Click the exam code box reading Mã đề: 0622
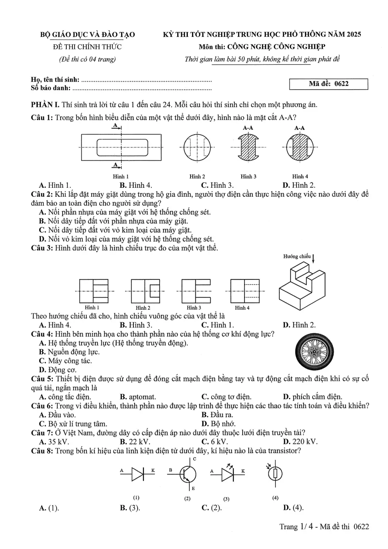(x=328, y=84)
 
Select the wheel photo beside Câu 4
(x=314, y=352)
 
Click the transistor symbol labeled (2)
(x=188, y=474)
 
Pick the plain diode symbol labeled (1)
(x=137, y=474)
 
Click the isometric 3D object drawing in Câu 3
(x=302, y=286)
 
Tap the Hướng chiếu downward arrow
(x=313, y=259)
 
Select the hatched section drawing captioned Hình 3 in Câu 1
(x=248, y=147)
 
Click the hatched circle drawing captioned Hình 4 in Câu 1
(x=300, y=147)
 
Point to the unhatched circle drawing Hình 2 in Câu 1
(x=197, y=147)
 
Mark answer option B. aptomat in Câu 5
(x=138, y=397)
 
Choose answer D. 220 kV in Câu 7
(x=300, y=442)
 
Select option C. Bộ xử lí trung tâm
(x=73, y=424)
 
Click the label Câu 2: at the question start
(x=42, y=194)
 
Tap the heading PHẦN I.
(x=45, y=105)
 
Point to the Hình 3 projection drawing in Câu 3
(x=196, y=291)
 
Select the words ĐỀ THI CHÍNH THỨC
(x=87, y=47)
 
